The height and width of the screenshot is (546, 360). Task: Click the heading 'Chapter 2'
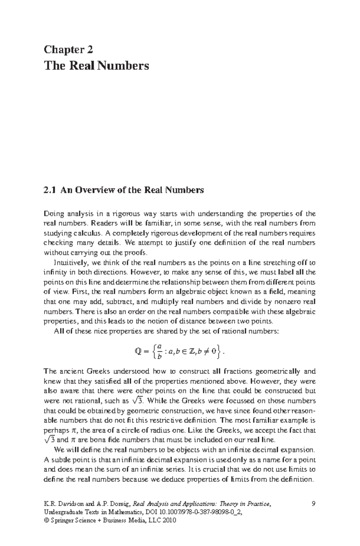(68, 49)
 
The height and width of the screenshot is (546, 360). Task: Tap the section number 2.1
(50, 190)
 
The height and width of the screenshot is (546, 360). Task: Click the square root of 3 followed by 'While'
(138, 400)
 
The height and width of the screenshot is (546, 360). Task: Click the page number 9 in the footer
(313, 504)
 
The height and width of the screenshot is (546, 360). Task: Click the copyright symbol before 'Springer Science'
(46, 520)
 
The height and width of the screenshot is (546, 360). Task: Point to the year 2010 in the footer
(169, 520)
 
